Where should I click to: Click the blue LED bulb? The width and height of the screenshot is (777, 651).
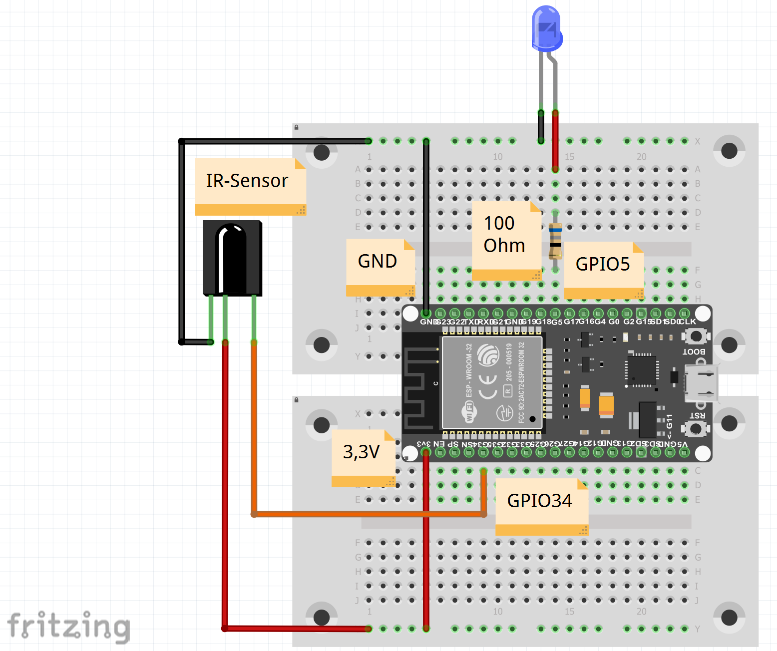coord(547,29)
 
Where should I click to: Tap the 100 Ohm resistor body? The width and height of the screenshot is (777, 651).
coord(555,241)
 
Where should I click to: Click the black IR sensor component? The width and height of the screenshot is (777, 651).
coord(232,258)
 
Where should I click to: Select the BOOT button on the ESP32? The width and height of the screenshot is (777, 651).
coord(696,336)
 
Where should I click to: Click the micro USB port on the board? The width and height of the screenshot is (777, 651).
coord(702,383)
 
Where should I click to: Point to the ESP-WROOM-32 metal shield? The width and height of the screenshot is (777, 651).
coord(492,383)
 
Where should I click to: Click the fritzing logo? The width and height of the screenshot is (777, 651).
coord(68,626)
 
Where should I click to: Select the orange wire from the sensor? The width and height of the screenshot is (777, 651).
coord(370,514)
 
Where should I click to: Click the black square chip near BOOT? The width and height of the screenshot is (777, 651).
coord(642,370)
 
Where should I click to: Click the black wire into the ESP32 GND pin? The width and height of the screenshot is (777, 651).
coord(426,225)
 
